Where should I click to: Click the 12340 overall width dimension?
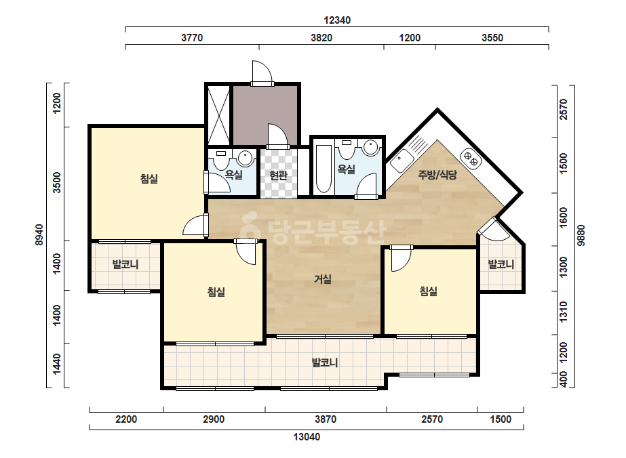337,20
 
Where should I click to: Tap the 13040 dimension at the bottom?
307,437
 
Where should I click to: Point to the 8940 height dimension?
39,234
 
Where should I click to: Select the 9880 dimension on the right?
581,235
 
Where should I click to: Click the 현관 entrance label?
278,175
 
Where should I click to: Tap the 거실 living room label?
323,279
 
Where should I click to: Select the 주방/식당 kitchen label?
437,174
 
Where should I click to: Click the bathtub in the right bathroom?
324,169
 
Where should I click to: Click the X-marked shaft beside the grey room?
219,116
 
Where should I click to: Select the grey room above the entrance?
265,115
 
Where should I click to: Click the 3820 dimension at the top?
321,38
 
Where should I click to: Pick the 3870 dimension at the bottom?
326,419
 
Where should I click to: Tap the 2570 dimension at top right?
564,109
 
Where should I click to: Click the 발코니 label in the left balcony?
125,264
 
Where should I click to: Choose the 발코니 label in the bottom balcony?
325,362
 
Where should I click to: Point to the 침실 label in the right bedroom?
428,291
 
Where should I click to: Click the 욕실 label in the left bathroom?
233,174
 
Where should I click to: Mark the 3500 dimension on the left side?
58,182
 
